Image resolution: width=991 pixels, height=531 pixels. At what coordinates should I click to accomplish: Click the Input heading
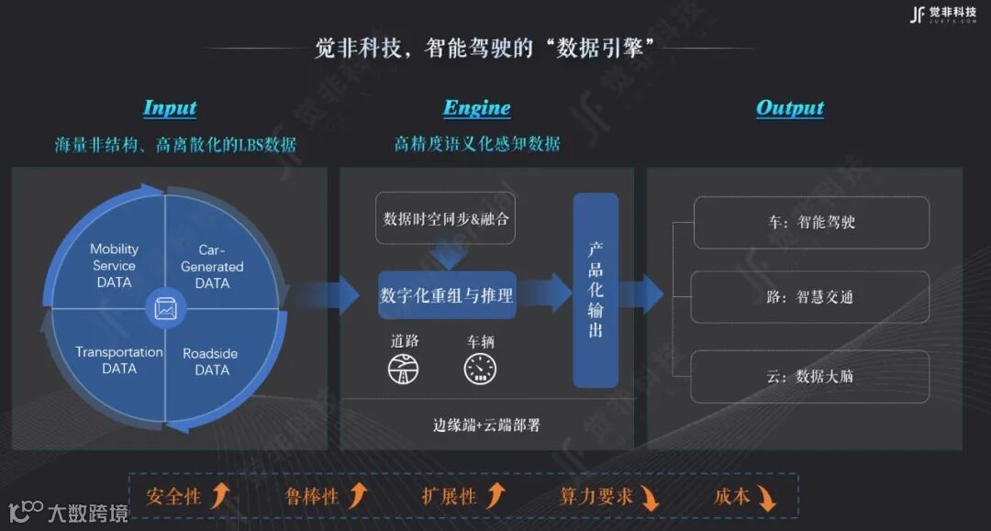tap(170, 108)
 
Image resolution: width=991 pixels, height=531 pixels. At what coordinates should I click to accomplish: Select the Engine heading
tap(477, 108)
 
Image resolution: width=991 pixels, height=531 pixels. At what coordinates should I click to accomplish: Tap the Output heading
tap(789, 108)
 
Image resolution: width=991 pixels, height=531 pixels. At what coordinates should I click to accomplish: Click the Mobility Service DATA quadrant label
tap(115, 265)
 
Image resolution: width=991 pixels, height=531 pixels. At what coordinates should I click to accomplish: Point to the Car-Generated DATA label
tap(212, 266)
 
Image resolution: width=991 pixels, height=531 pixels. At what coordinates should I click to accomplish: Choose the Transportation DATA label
tap(119, 360)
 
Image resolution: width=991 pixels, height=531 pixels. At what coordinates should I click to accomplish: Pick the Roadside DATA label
tap(210, 361)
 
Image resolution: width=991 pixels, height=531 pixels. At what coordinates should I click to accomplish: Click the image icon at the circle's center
tap(166, 310)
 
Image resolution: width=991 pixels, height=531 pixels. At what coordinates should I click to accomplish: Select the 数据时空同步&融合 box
tap(446, 218)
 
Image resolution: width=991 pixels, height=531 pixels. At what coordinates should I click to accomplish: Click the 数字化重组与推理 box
tap(447, 295)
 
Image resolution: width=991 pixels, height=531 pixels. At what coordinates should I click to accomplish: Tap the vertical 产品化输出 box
tap(596, 290)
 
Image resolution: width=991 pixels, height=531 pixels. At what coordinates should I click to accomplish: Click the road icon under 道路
tap(405, 368)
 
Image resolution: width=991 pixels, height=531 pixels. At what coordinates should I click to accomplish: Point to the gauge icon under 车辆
tap(480, 368)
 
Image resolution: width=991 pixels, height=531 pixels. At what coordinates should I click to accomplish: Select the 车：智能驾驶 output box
tap(811, 222)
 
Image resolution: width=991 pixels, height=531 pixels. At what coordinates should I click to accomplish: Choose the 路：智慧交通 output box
tap(811, 297)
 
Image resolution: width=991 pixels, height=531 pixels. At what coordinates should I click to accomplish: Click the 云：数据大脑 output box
tap(811, 375)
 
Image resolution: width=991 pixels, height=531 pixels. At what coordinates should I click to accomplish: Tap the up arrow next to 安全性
tap(219, 496)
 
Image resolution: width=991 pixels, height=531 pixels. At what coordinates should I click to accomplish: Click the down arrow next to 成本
tap(766, 498)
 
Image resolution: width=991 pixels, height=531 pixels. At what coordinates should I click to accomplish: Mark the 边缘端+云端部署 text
tap(486, 425)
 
